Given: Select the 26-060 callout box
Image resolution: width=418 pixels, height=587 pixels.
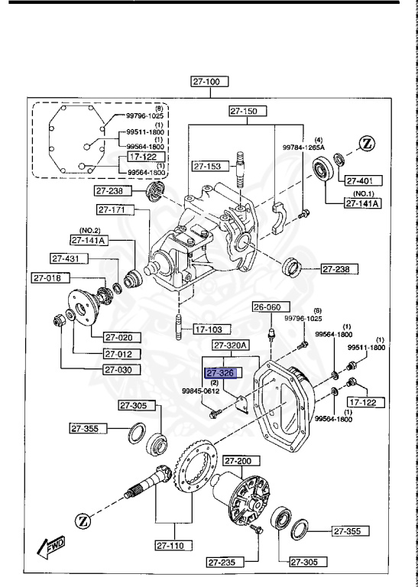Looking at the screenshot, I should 268,307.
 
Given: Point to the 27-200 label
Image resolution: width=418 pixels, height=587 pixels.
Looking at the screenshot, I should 240,461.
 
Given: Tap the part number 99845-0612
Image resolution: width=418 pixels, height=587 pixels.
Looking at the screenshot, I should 200,391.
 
